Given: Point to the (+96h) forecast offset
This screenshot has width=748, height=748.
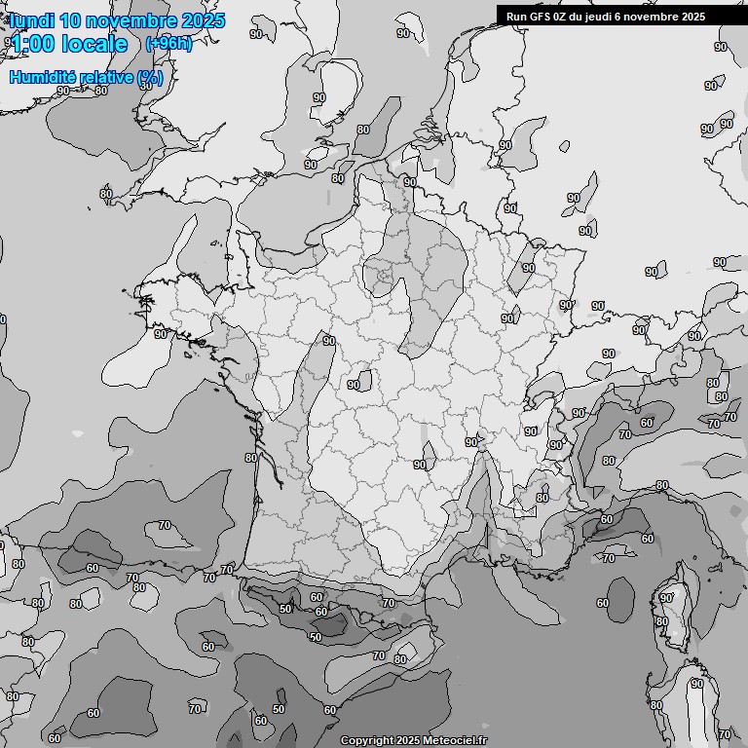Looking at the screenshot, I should tap(168, 44).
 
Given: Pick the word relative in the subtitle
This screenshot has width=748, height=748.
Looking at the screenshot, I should tap(110, 77).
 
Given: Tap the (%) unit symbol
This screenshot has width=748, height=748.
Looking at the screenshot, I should tap(150, 77).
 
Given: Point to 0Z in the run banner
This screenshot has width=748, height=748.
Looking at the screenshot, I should tap(563, 17).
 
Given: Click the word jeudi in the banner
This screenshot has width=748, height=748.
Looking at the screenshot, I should tap(607, 17).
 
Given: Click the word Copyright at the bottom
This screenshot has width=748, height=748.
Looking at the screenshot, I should tap(366, 741).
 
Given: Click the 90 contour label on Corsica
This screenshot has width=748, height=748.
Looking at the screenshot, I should tap(666, 597).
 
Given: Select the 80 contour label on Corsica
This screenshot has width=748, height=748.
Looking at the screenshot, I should tap(662, 621).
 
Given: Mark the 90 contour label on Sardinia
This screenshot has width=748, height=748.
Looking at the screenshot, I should tap(695, 685).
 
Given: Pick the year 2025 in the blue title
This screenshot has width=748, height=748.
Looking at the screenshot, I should tap(203, 20).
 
